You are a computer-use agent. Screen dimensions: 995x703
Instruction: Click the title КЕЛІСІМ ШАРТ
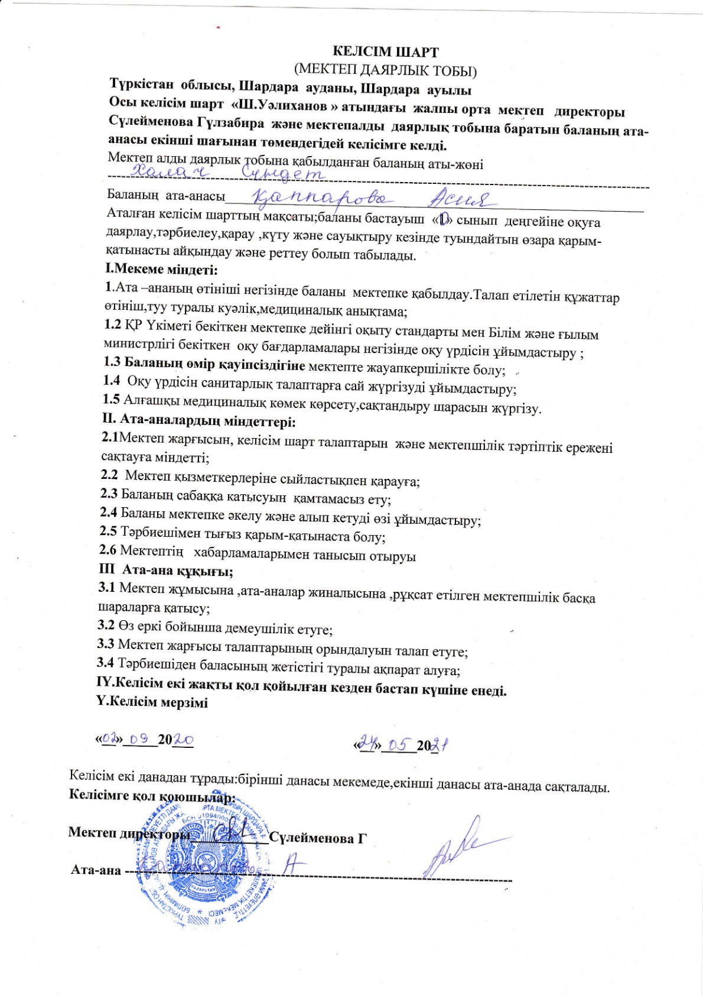(x=386, y=52)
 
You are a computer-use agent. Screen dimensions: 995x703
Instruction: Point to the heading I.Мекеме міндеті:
(x=161, y=270)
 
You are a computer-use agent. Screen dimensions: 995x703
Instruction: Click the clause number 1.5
(x=111, y=400)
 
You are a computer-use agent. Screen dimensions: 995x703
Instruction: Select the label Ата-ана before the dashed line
(x=96, y=870)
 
